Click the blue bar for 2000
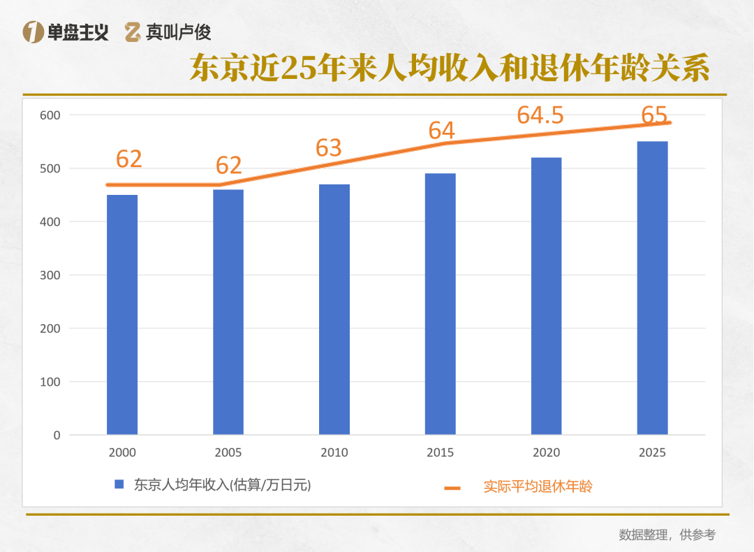pos(122,314)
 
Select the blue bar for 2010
pos(334,309)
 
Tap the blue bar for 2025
pos(652,288)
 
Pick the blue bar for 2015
pos(441,304)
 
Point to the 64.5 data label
pos(540,115)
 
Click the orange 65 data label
pos(654,114)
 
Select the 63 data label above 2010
pos(328,147)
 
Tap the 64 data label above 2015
pos(441,130)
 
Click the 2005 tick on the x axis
pos(228,453)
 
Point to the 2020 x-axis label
pos(546,453)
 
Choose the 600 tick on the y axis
pos(50,115)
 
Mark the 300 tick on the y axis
pos(50,275)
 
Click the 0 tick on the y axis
pos(57,435)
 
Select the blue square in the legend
pos(119,484)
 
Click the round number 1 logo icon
pos(33,31)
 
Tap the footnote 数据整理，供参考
pos(667,535)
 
